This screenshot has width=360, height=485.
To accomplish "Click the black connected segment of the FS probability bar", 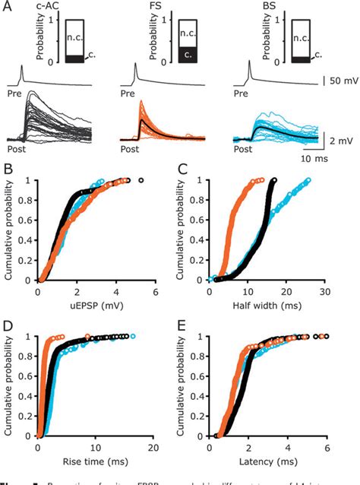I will tap(187, 55).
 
